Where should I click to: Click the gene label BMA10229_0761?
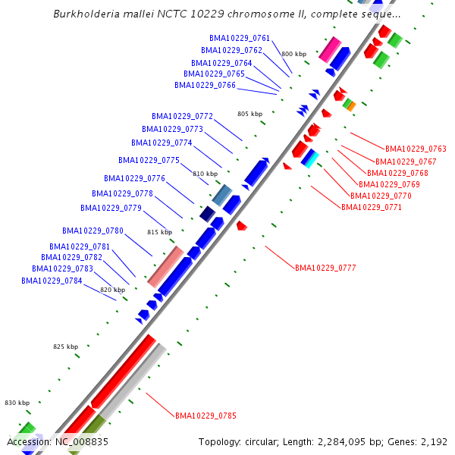240,38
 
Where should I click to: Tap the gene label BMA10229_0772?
182,117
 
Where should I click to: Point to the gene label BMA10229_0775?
149,160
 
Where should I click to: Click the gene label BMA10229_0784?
52,281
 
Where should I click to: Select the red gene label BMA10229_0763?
416,149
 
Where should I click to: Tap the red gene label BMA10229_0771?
372,207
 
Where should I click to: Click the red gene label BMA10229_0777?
325,268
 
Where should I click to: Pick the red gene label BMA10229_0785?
206,416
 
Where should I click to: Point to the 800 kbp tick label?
293,54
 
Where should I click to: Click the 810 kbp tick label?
205,174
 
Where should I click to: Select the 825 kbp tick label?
65,347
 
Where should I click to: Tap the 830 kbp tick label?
17,403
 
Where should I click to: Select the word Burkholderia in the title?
89,14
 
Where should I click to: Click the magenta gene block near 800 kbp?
329,49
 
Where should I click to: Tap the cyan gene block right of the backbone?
309,158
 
